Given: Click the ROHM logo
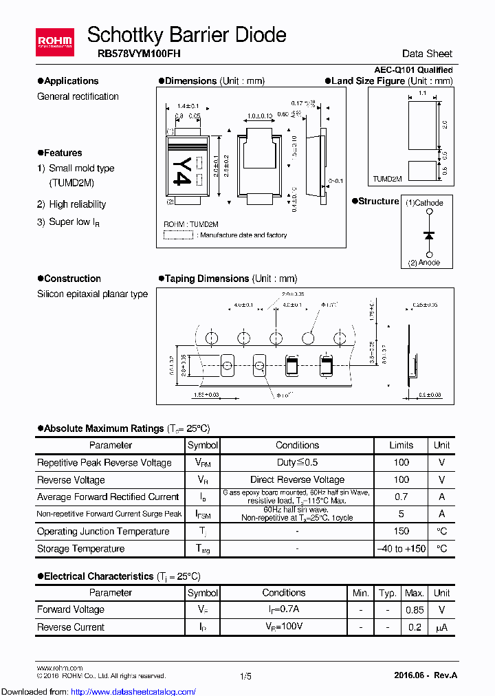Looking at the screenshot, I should click(55, 42).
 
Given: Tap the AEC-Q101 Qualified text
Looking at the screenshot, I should click(413, 70).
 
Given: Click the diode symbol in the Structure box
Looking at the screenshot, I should click(430, 235).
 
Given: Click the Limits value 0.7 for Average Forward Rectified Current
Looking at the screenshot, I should click(401, 497).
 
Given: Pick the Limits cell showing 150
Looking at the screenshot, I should click(401, 532).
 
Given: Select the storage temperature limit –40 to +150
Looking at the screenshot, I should click(401, 549).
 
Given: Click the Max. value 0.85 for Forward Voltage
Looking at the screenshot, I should click(414, 609).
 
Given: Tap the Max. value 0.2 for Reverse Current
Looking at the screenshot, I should click(414, 627).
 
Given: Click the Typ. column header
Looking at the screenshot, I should click(388, 593).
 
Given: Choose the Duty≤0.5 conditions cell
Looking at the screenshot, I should click(297, 463).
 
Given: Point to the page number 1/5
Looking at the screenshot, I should click(245, 677).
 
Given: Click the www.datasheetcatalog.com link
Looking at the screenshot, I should click(138, 691).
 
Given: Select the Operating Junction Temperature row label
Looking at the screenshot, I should click(103, 532).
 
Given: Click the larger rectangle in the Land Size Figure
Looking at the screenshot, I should click(422, 124).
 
